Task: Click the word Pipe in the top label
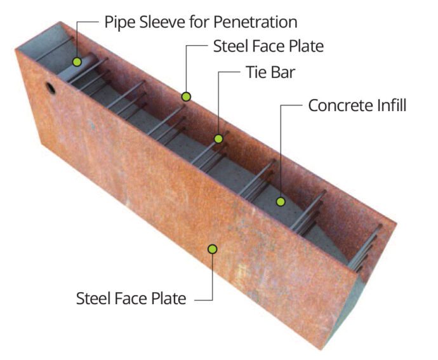pos(118,23)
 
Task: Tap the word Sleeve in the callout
pos(161,22)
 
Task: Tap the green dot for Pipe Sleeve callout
pos(77,62)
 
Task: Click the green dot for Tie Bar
pos(218,138)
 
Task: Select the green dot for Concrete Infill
pos(281,202)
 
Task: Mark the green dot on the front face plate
pos(213,249)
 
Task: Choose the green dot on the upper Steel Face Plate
pos(186,97)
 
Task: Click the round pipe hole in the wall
pos(50,88)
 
